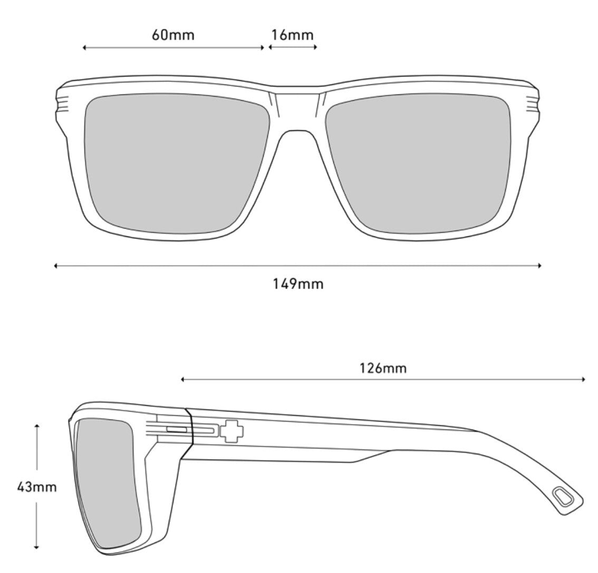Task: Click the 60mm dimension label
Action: pos(173,35)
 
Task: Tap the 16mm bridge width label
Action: pos(292,35)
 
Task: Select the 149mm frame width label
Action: pos(298,284)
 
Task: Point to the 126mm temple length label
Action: pos(383,367)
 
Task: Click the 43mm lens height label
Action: pos(36,486)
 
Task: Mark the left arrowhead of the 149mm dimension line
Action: pos(55,266)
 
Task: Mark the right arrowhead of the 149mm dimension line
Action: pos(539,266)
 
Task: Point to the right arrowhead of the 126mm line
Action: pos(583,379)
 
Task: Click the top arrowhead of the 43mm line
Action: pos(36,426)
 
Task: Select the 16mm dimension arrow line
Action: pos(293,47)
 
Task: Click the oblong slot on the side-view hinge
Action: pos(177,430)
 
